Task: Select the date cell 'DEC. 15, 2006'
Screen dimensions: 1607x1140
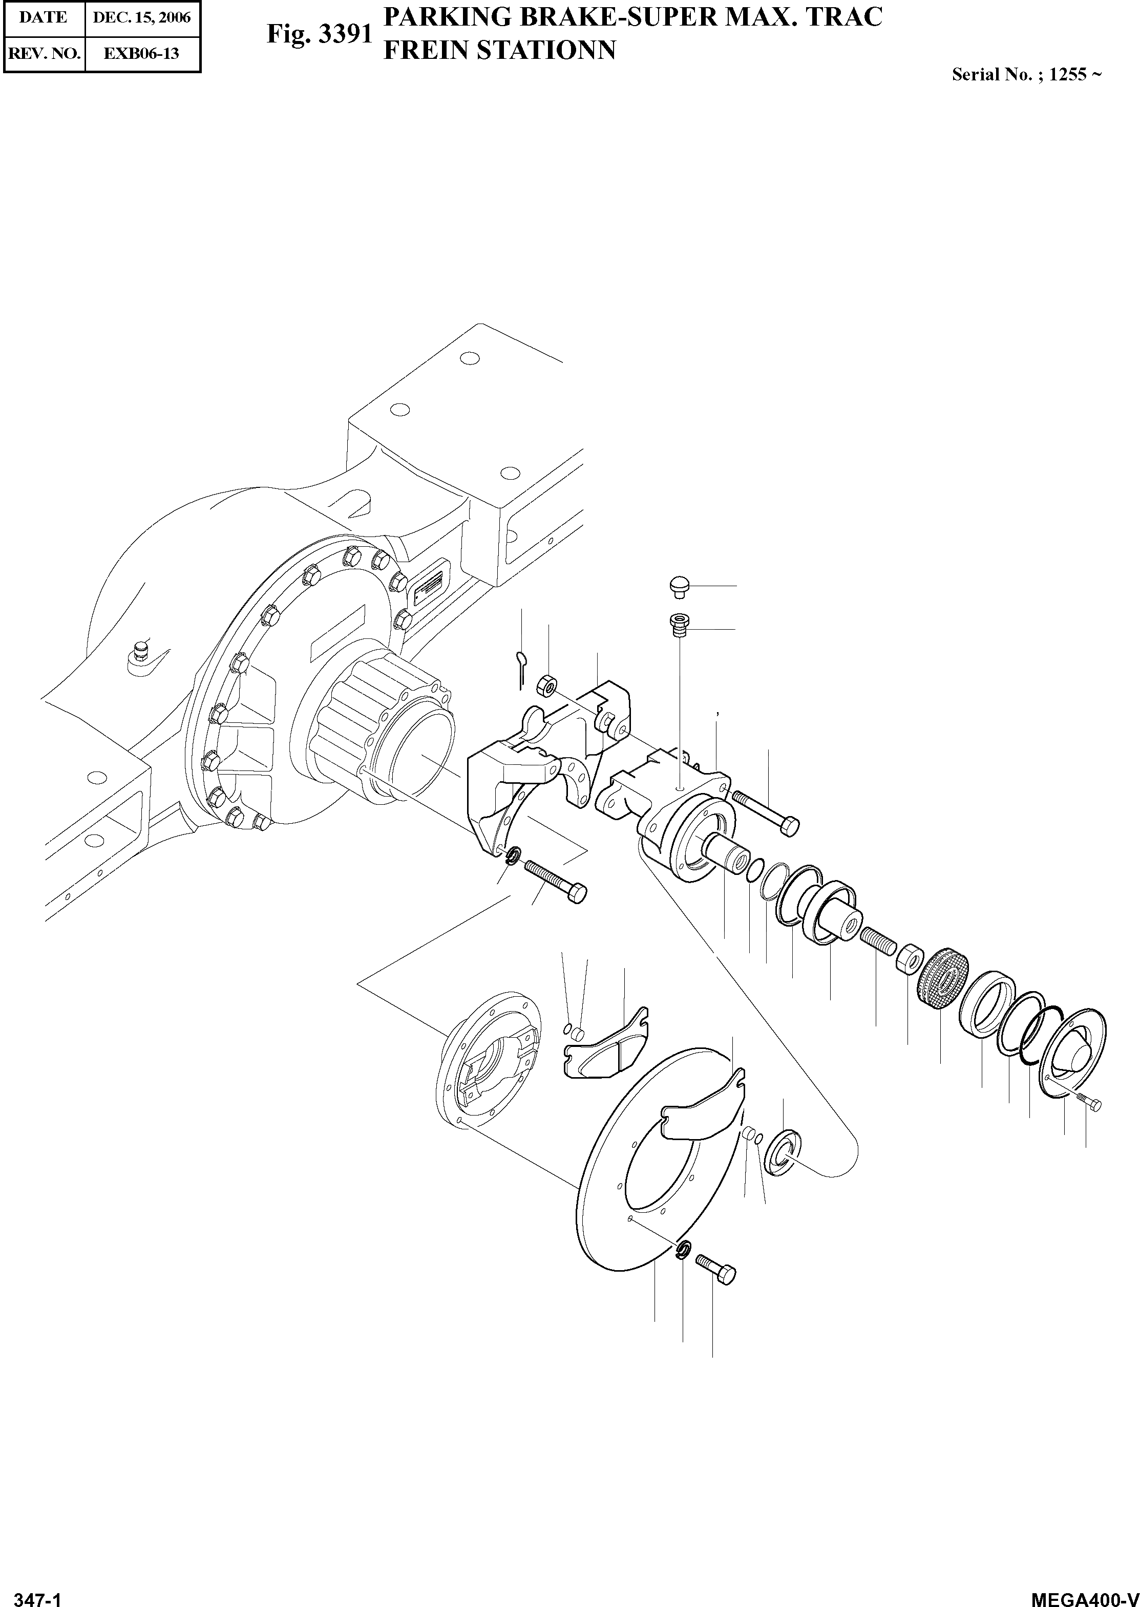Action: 142,17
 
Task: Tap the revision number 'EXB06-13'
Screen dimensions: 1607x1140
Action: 142,53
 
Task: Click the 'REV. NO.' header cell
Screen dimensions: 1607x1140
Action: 44,53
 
